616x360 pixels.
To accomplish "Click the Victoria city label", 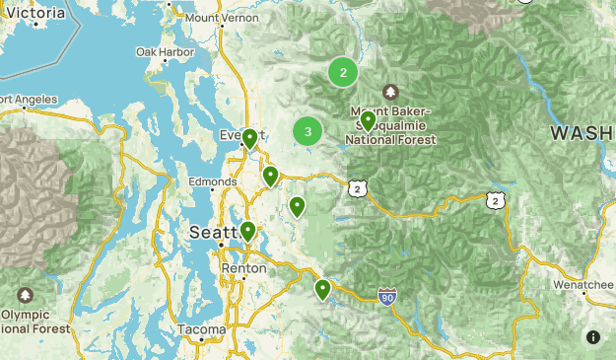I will [x=37, y=13].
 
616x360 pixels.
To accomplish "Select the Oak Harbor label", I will [x=160, y=51].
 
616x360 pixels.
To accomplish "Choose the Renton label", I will [x=243, y=268].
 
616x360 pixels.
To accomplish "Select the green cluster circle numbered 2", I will [x=343, y=72].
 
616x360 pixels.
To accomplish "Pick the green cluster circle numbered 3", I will [x=308, y=131].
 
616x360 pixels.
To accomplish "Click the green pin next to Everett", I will [x=250, y=138].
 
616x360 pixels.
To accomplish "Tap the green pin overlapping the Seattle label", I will [x=247, y=231].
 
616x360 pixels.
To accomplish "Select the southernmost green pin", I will [x=322, y=289].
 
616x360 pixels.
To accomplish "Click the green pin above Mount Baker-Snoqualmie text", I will [x=368, y=120].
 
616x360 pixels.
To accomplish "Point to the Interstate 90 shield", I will [x=387, y=295].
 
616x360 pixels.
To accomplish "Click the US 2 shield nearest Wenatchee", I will [x=494, y=200].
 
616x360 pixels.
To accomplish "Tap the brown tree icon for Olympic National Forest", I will [x=25, y=295].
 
